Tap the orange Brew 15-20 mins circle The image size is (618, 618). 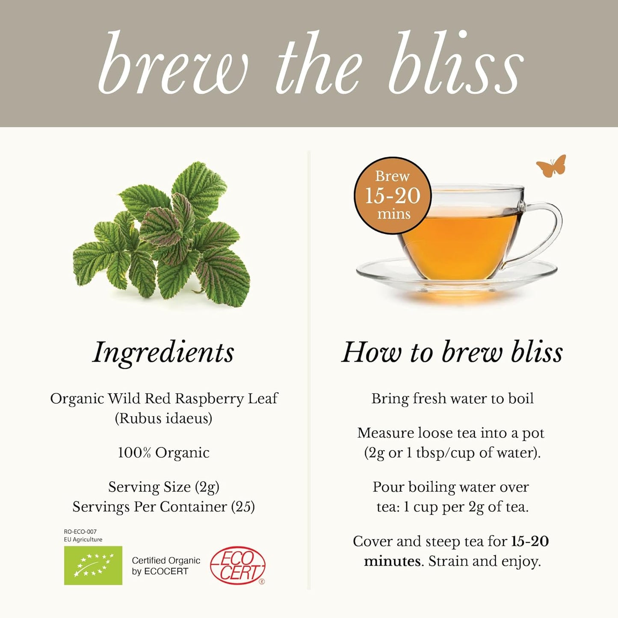[393, 195]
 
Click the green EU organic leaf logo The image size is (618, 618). [93, 565]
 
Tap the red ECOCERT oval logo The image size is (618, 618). [238, 565]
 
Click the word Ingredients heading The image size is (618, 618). [163, 352]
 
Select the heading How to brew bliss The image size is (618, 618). [452, 352]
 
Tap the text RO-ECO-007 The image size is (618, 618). [80, 532]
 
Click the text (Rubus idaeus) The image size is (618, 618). [163, 418]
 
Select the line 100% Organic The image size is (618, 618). [163, 452]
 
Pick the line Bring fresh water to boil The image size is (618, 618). [452, 399]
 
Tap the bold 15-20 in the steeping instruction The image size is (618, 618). [530, 541]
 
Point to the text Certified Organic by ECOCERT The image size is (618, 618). [166, 565]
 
